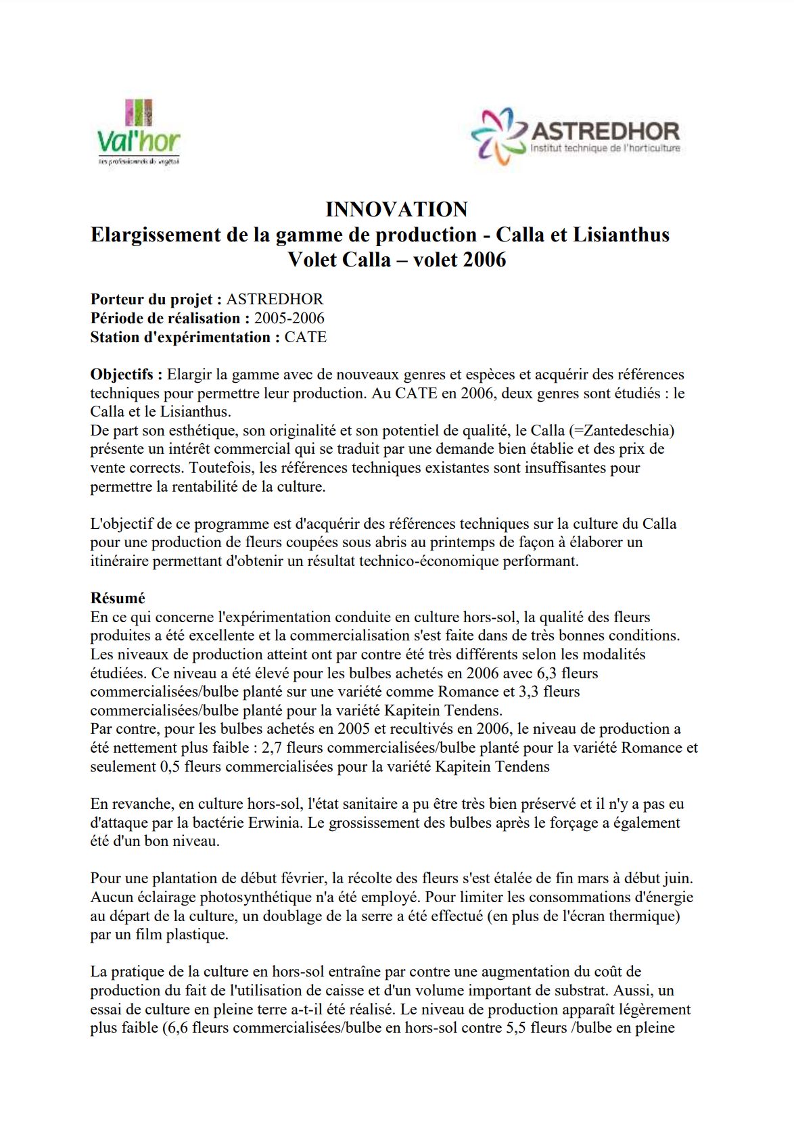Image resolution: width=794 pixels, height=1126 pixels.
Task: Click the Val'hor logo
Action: coord(139,133)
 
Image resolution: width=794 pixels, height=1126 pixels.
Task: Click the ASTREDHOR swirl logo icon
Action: coord(499,136)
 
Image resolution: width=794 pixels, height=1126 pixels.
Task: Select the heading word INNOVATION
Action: coord(396,210)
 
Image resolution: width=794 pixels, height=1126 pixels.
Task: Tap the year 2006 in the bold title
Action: coord(483,260)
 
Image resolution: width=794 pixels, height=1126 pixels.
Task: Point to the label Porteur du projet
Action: coord(156,300)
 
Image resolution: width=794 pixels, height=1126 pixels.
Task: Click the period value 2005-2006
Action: coord(289,319)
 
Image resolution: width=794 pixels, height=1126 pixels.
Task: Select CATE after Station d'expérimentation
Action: coord(305,337)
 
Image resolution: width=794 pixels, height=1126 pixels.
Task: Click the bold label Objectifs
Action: coord(126,375)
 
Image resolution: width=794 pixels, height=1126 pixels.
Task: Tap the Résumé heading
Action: coord(118,599)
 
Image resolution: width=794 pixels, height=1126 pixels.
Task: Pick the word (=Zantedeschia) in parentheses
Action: coord(622,431)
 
